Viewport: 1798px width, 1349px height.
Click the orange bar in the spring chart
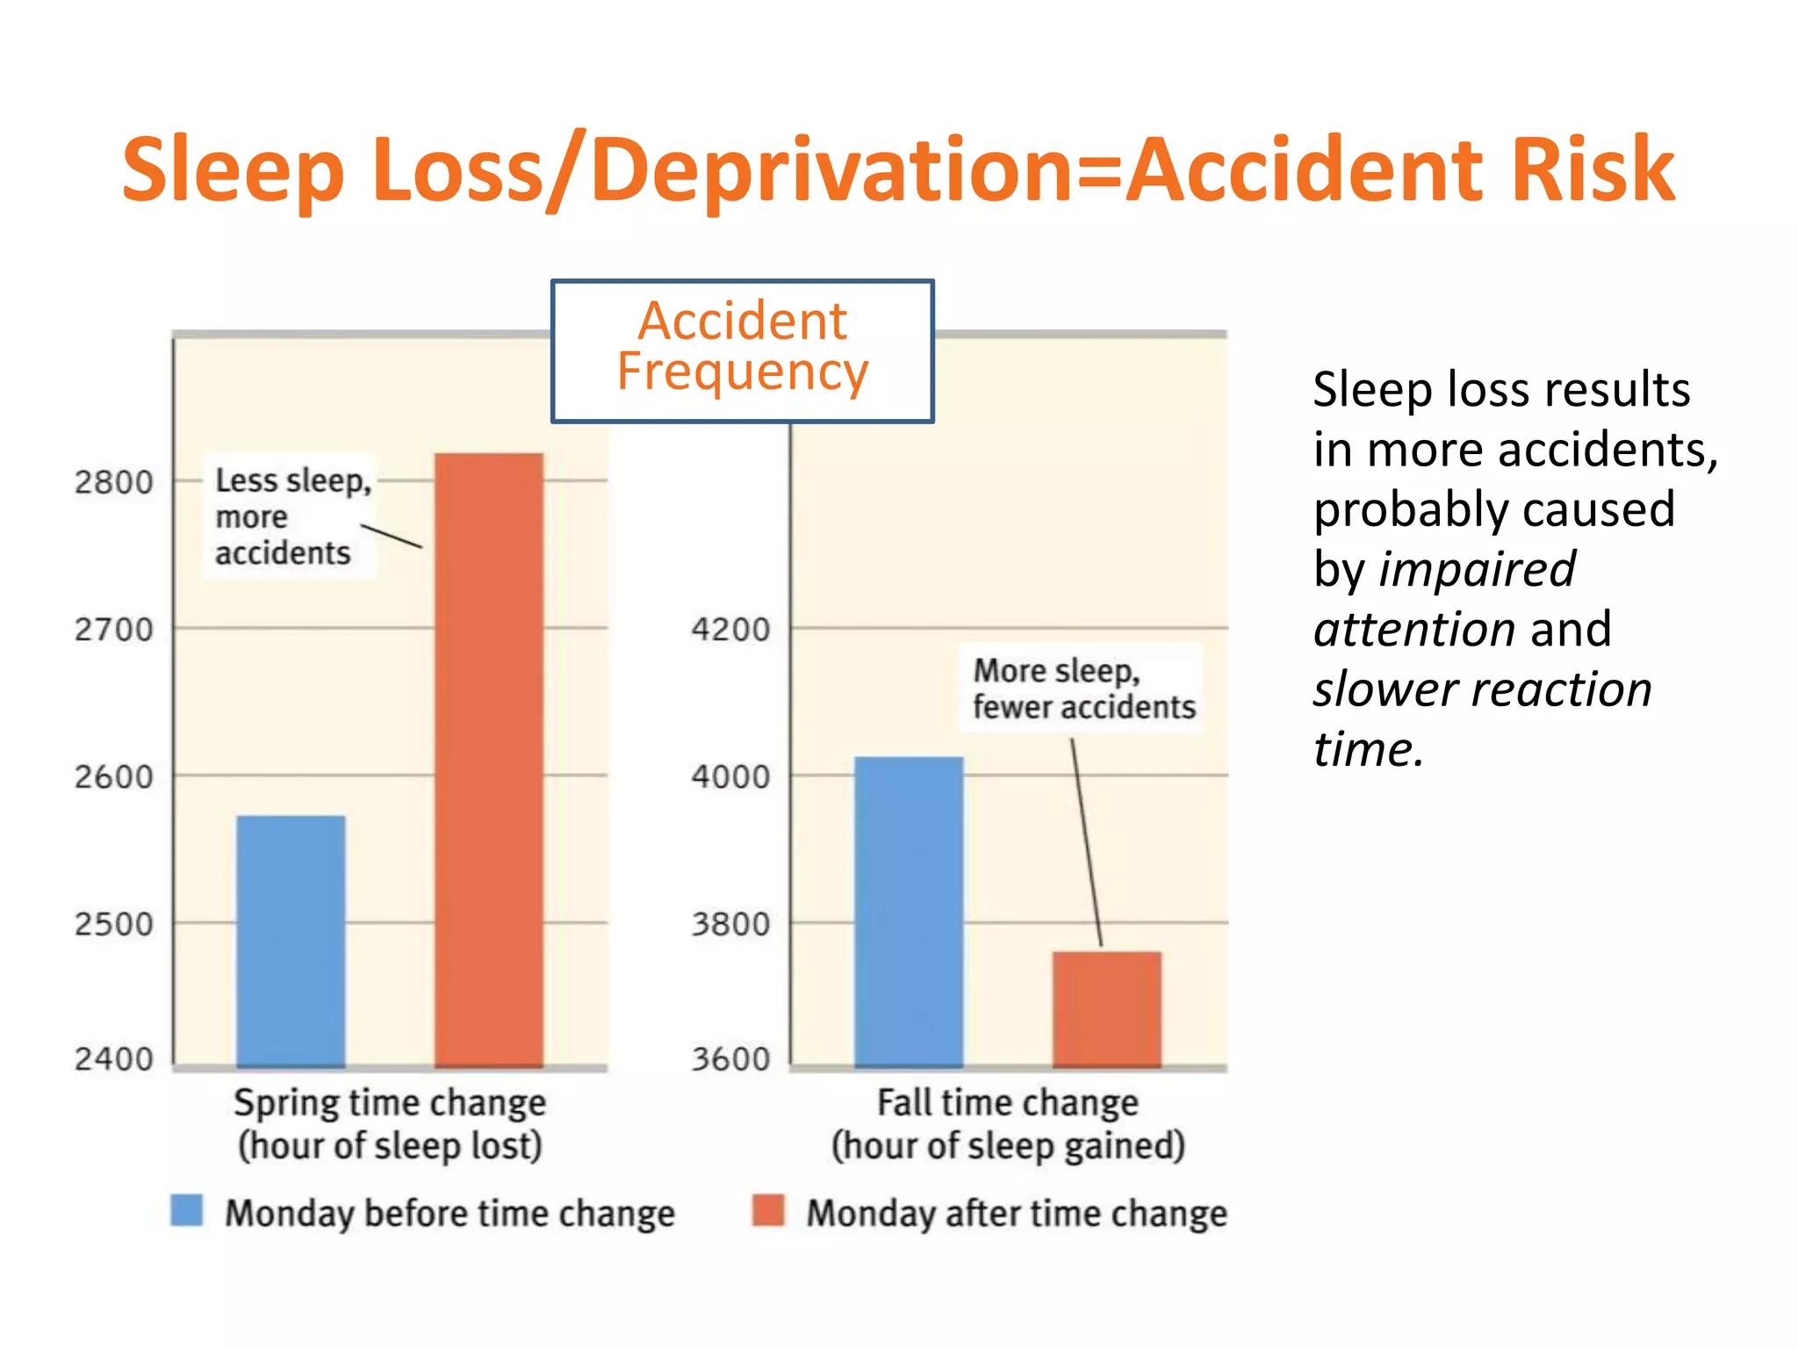[x=489, y=760]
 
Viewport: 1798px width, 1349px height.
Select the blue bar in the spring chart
[x=291, y=941]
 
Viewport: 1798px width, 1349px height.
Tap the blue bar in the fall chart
[x=909, y=912]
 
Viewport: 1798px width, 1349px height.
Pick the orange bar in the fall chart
[x=1107, y=1009]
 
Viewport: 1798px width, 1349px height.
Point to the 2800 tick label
[x=113, y=482]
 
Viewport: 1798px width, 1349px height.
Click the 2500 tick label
[x=113, y=924]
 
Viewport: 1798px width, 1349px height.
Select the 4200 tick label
[x=730, y=629]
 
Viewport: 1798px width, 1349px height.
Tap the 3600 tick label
[x=730, y=1059]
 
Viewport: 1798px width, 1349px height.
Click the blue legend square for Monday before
[x=187, y=1210]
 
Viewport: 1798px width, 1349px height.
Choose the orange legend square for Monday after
[x=768, y=1210]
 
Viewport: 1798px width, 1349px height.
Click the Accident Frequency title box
[x=743, y=350]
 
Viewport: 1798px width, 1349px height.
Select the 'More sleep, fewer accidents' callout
[x=1083, y=689]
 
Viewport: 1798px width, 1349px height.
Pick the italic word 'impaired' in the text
[x=1478, y=569]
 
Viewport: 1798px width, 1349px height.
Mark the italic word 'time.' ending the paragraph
[x=1368, y=749]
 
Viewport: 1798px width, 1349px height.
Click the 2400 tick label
[x=113, y=1059]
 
